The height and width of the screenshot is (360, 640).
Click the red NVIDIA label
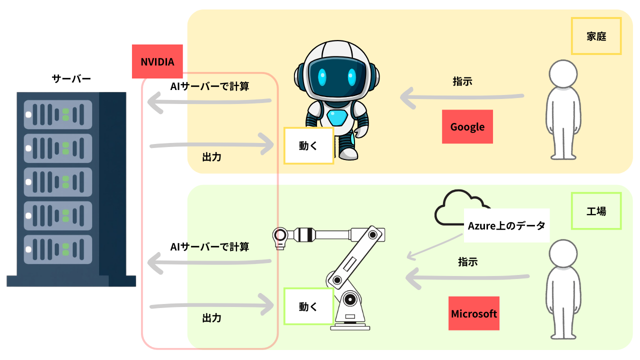click(157, 62)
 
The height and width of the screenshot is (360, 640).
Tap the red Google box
click(467, 127)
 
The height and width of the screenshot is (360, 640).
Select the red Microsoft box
click(474, 313)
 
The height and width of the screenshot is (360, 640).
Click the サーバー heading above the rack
click(71, 78)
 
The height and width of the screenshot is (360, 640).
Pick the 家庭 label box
click(596, 36)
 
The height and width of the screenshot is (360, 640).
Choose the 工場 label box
click(596, 211)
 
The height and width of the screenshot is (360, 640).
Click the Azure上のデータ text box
click(506, 225)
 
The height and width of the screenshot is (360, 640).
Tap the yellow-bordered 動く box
click(308, 145)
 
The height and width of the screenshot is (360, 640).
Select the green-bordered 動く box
click(308, 306)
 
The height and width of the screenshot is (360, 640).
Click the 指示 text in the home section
click(462, 81)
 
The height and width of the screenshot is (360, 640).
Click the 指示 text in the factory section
click(467, 261)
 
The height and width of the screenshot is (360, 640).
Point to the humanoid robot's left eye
click(322, 76)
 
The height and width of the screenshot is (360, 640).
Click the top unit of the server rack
click(58, 114)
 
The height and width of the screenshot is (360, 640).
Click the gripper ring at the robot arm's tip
click(280, 234)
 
